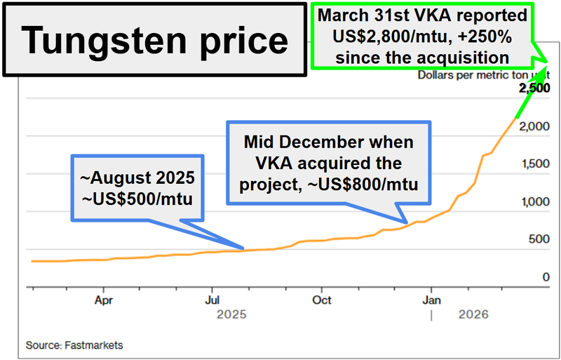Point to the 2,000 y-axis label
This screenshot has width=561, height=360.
coord(534,126)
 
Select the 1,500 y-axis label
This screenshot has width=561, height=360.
coord(534,164)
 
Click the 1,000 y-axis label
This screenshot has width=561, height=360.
coord(534,202)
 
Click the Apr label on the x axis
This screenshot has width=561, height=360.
coord(104,300)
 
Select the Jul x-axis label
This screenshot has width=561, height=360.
coord(212,300)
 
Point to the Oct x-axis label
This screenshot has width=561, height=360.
coord(321,300)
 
